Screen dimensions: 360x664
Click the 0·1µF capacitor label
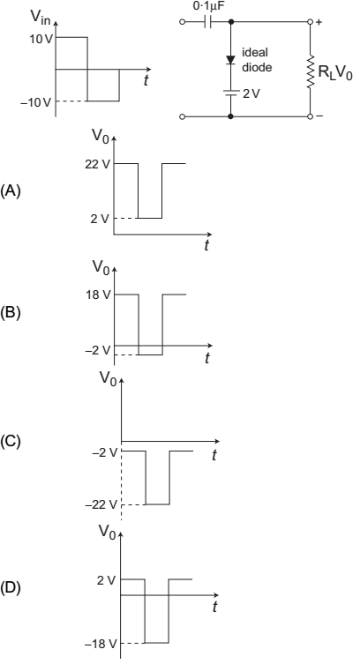click(x=206, y=7)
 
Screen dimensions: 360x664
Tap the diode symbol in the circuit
click(x=230, y=60)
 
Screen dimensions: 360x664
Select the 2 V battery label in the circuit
click(x=251, y=93)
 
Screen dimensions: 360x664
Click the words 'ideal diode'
click(x=257, y=60)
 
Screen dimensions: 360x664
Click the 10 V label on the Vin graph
click(x=41, y=40)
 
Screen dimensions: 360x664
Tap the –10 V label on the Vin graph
click(x=38, y=102)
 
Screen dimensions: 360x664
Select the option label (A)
click(x=11, y=191)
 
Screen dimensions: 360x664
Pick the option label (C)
click(x=11, y=441)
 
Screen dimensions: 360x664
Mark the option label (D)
click(x=11, y=588)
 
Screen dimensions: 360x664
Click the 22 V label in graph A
click(x=97, y=165)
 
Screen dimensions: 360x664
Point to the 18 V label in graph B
click(x=97, y=295)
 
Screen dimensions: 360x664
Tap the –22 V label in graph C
click(x=101, y=504)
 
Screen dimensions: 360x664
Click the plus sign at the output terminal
click(x=318, y=22)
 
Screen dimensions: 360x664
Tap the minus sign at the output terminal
click(x=319, y=116)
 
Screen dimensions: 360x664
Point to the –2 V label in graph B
click(x=101, y=350)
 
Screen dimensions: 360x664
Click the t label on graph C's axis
click(x=214, y=455)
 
